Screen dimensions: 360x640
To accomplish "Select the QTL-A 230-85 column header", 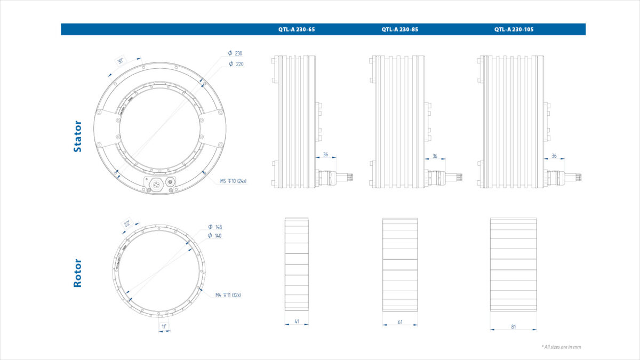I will pyautogui.click(x=399, y=29).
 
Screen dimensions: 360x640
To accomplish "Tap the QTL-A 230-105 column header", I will pyautogui.click(x=514, y=29).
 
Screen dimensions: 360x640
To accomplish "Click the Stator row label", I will pyautogui.click(x=78, y=137).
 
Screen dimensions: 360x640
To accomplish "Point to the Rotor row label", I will pyautogui.click(x=78, y=273).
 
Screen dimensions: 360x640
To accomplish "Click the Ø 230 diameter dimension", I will pyautogui.click(x=235, y=53).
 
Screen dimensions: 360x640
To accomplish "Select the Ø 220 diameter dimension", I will pyautogui.click(x=235, y=64).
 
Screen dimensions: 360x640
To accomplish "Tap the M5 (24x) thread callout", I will pyautogui.click(x=233, y=181).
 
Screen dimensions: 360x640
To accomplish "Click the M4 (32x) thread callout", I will pyautogui.click(x=228, y=295).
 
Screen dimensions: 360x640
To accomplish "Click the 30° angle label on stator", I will pyautogui.click(x=121, y=61).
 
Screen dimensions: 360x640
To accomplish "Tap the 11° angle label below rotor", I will pyautogui.click(x=164, y=325).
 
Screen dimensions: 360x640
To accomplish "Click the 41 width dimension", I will pyautogui.click(x=297, y=322).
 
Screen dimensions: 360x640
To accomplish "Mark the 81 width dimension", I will pyautogui.click(x=513, y=327).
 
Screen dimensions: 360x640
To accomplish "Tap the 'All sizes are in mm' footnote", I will pyautogui.click(x=561, y=347).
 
